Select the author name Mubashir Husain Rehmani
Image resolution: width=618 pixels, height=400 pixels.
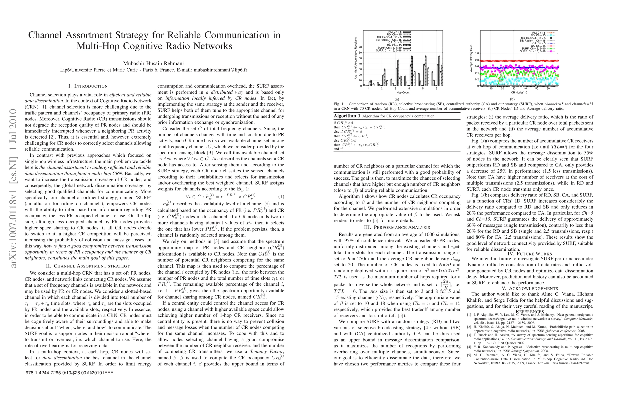point(153,63)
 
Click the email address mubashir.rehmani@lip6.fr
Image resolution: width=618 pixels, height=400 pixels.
point(220,70)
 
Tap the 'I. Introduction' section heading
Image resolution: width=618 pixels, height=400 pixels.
point(88,86)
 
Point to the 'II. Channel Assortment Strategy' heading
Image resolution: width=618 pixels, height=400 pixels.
point(88,266)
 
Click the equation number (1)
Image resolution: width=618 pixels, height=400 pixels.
point(281,197)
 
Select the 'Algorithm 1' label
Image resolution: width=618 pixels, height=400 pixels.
point(347,116)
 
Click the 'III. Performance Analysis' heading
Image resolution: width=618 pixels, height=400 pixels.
point(397,227)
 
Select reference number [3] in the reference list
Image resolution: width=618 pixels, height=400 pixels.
point(469,335)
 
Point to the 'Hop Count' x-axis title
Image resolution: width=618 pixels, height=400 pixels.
point(403,92)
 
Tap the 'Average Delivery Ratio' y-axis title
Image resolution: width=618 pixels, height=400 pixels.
point(471,60)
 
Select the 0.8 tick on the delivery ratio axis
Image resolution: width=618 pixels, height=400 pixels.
point(477,60)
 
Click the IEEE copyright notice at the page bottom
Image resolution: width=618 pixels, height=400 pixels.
point(69,373)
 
